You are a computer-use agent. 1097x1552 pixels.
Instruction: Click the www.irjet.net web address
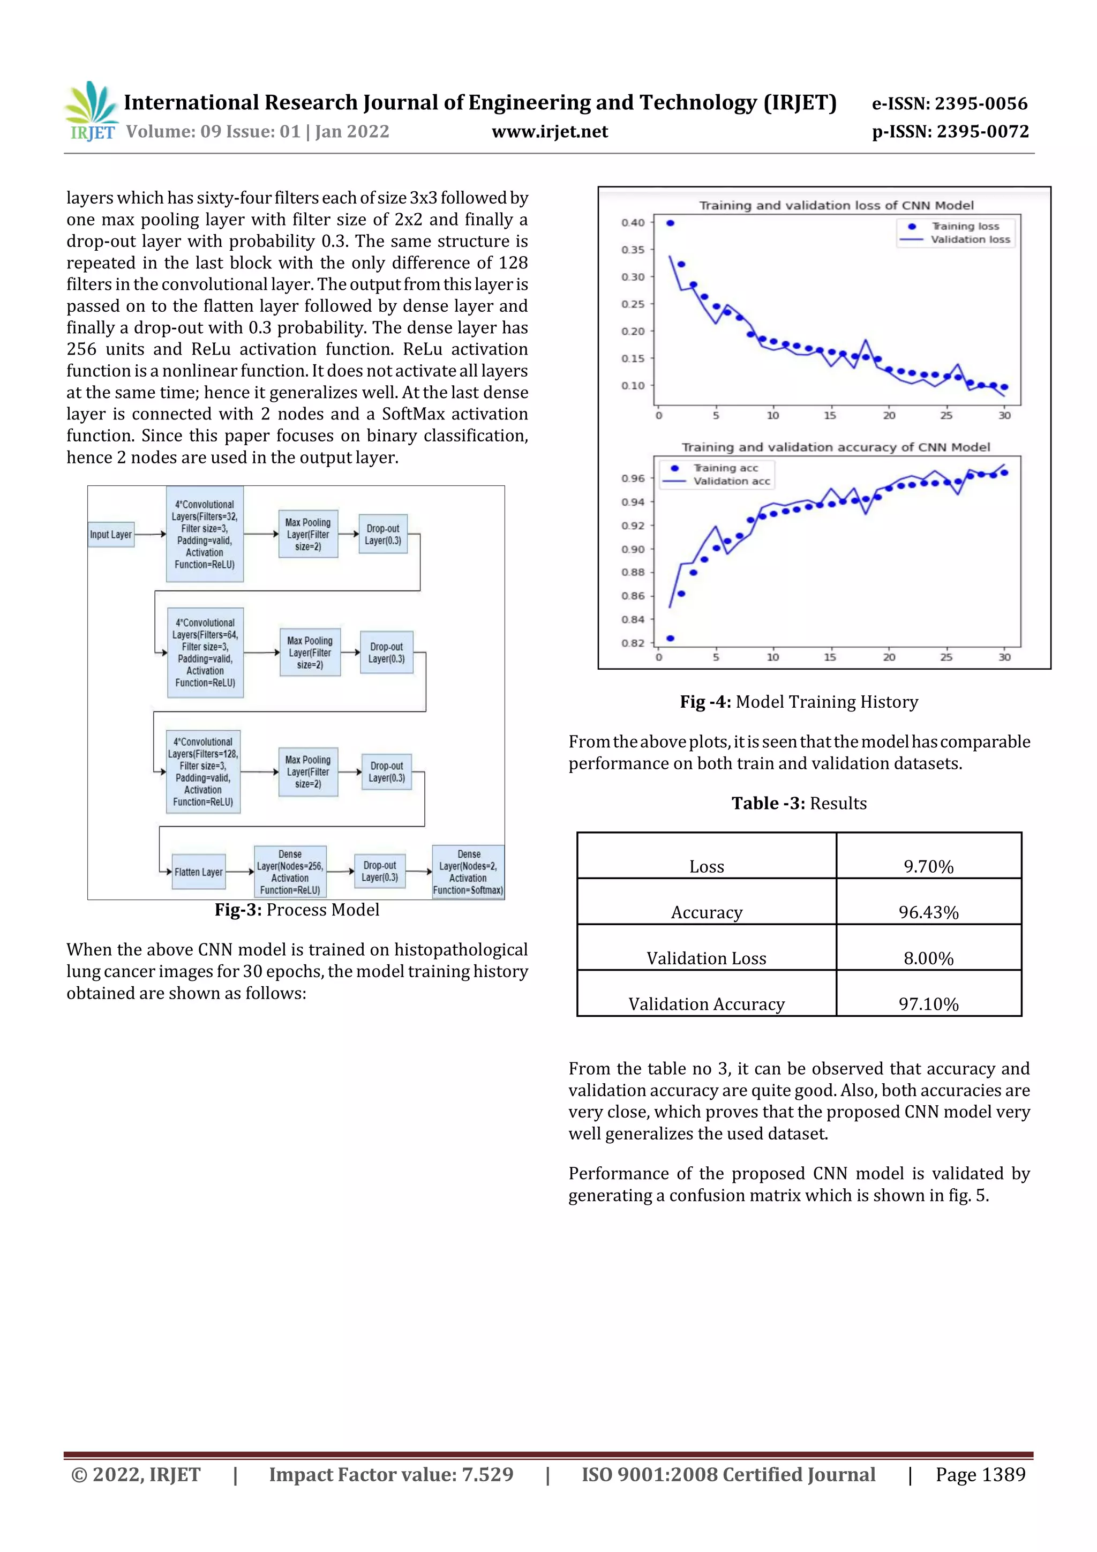[x=550, y=131]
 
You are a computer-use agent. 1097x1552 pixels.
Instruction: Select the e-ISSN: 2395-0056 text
[x=949, y=103]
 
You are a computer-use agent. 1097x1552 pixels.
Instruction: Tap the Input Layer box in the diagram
[x=111, y=534]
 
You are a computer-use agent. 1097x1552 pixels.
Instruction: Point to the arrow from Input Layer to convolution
[x=150, y=534]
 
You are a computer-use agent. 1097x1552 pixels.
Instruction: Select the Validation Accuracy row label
[x=707, y=1004]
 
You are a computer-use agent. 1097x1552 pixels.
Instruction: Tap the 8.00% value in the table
[x=928, y=958]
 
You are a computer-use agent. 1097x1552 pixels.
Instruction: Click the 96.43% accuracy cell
[x=928, y=912]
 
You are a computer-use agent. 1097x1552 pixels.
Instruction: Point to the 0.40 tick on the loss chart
[x=633, y=222]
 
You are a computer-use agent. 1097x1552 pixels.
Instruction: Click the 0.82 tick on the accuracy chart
[x=633, y=643]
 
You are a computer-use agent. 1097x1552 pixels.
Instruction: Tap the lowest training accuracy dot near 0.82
[x=670, y=638]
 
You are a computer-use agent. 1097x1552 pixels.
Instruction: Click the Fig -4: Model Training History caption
[x=798, y=702]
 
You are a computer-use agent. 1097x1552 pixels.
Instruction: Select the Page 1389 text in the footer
[x=980, y=1474]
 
